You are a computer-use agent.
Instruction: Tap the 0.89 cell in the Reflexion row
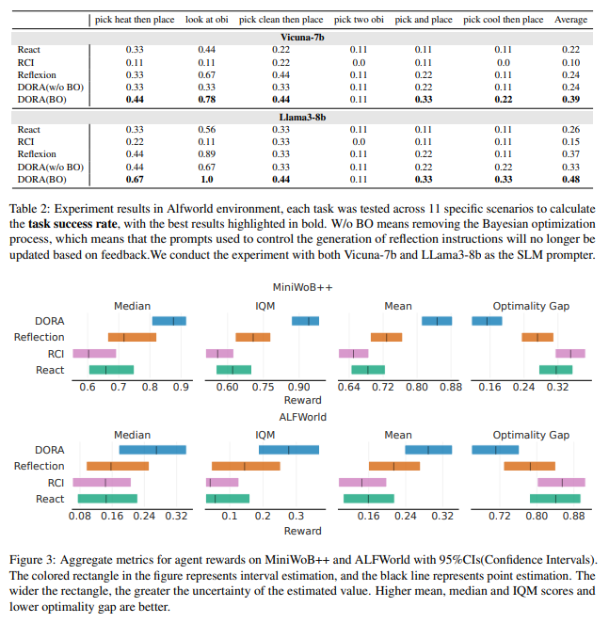coord(206,153)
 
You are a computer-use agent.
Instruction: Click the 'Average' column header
coord(570,19)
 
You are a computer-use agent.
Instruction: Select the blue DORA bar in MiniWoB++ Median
coord(169,321)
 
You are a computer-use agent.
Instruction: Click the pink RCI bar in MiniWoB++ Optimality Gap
coord(570,354)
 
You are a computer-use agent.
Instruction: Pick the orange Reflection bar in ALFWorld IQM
coord(246,466)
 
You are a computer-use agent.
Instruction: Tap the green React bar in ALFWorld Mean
coord(368,498)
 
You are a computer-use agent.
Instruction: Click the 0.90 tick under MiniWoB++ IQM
coord(298,388)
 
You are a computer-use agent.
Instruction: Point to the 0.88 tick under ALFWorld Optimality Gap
coord(572,517)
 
